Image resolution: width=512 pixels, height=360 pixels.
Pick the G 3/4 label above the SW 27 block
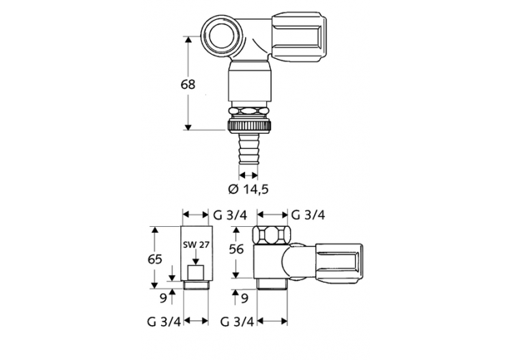click(x=229, y=214)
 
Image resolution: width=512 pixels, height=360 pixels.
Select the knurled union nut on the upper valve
click(x=248, y=126)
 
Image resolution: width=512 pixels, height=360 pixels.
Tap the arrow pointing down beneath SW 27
click(x=196, y=258)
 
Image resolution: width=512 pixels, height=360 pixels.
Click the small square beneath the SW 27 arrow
click(x=196, y=274)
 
